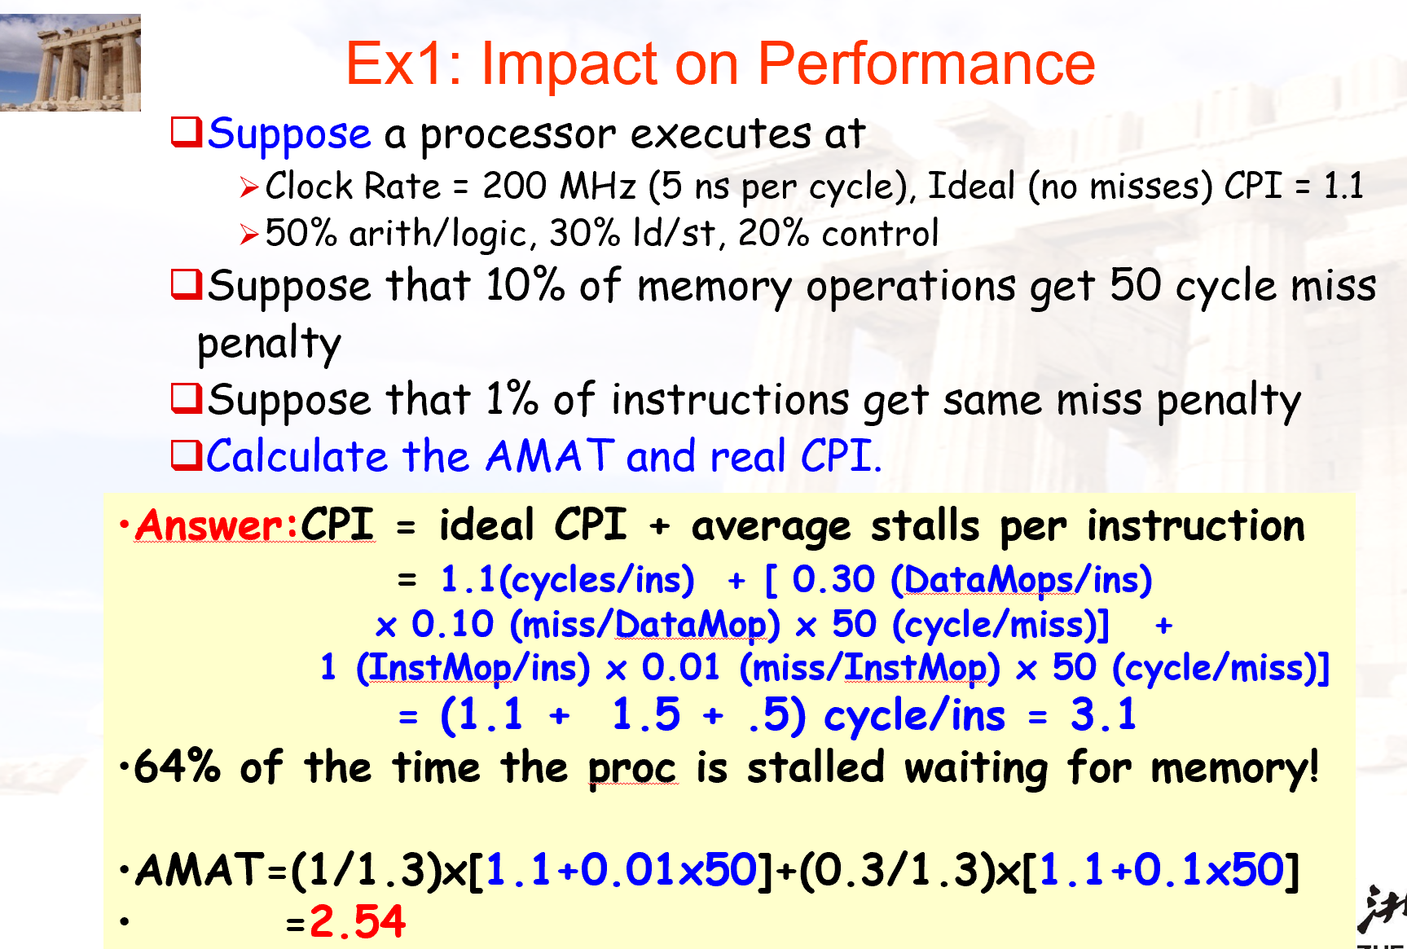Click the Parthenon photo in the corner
pyautogui.click(x=70, y=63)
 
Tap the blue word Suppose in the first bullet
pyautogui.click(x=289, y=134)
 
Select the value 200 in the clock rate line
pyautogui.click(x=514, y=186)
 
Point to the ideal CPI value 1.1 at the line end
pyautogui.click(x=1343, y=186)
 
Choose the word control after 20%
pyautogui.click(x=881, y=233)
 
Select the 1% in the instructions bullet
pyautogui.click(x=512, y=399)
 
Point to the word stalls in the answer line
pyautogui.click(x=925, y=525)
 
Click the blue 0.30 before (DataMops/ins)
pyautogui.click(x=833, y=579)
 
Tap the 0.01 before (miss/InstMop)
pyautogui.click(x=681, y=667)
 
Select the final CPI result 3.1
pyautogui.click(x=1103, y=715)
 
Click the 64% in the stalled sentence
pyautogui.click(x=177, y=767)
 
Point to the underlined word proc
pyautogui.click(x=632, y=770)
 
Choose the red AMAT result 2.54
pyautogui.click(x=357, y=922)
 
